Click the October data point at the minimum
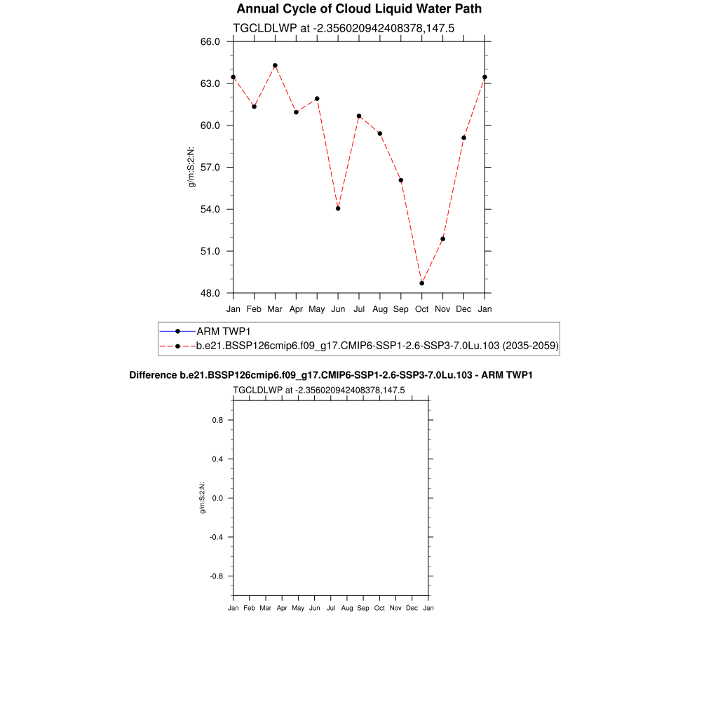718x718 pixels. tap(422, 283)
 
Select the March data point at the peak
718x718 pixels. tap(275, 65)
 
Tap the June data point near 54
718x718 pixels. tap(338, 208)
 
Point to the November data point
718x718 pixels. tap(443, 239)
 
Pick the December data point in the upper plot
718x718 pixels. tap(464, 138)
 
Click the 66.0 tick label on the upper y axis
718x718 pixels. tap(211, 41)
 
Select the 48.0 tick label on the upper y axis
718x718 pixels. tap(211, 293)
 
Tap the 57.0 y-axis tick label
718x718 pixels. tap(211, 168)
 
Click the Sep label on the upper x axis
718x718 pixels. tap(401, 309)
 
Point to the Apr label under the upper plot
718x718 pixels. tap(296, 309)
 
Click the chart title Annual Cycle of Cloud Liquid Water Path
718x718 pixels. tap(359, 9)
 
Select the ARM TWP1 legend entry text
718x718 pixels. tap(224, 331)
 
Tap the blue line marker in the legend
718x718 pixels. tap(177, 331)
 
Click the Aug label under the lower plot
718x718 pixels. tap(347, 608)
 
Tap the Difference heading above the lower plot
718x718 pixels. tap(331, 375)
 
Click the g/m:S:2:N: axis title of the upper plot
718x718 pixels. tap(191, 168)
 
